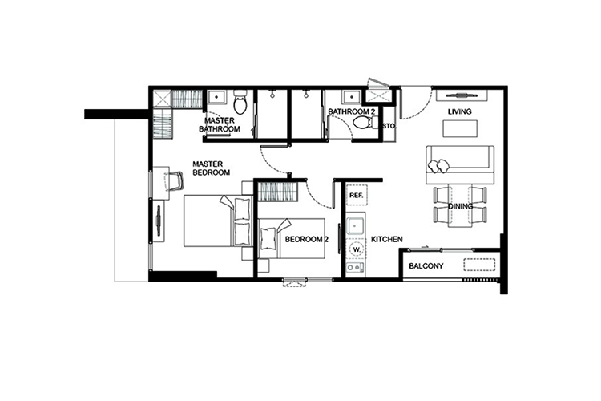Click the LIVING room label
coord(460,111)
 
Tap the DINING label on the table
coord(460,206)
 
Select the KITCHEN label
coord(387,240)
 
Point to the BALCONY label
coord(426,266)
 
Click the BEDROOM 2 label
coord(307,240)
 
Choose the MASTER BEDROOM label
coord(212,168)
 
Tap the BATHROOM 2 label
coord(351,111)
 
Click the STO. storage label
coord(389,126)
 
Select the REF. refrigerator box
coord(357,196)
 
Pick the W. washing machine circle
coord(357,249)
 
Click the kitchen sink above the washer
coord(356,226)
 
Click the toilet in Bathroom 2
coord(364,124)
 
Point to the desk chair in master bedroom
coord(174,181)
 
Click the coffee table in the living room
coord(460,128)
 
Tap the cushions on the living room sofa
coord(438,166)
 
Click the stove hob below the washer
coord(356,268)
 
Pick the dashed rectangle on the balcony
coord(479,265)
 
